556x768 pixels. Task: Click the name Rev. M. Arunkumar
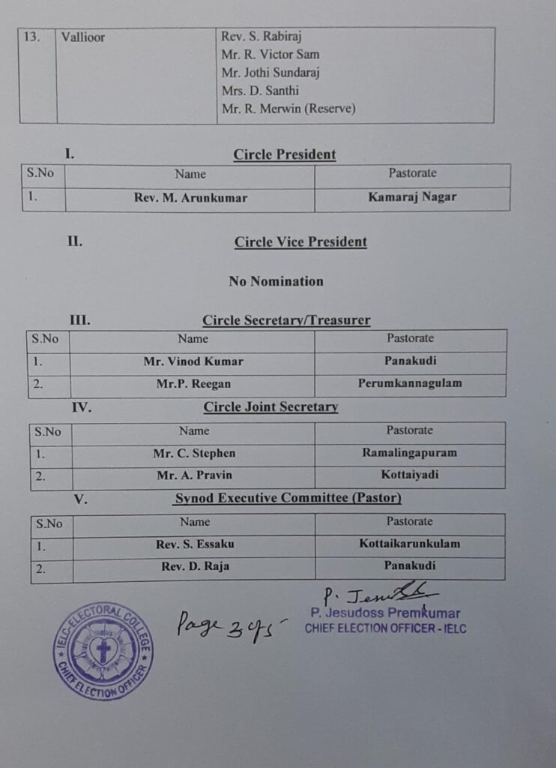[190, 198]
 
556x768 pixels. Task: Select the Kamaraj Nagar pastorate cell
[412, 197]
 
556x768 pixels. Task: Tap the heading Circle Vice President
[300, 242]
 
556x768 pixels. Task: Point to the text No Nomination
[276, 281]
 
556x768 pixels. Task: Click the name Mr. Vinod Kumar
[193, 361]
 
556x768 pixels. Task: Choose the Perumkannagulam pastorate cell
[410, 383]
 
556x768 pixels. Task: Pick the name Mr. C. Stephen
[194, 453]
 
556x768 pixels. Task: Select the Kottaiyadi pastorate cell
[409, 475]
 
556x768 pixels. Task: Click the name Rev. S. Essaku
[194, 544]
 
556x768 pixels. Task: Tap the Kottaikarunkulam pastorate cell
[410, 544]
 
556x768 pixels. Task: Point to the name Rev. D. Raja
[195, 566]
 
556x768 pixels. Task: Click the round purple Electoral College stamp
[103, 650]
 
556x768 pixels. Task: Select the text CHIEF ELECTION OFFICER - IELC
[385, 628]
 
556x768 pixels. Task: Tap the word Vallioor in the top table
[84, 37]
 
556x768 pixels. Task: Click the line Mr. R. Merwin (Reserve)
[288, 109]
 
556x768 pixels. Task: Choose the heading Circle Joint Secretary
[271, 407]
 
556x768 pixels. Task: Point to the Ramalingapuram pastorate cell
[409, 453]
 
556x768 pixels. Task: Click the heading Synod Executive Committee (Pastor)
[288, 498]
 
